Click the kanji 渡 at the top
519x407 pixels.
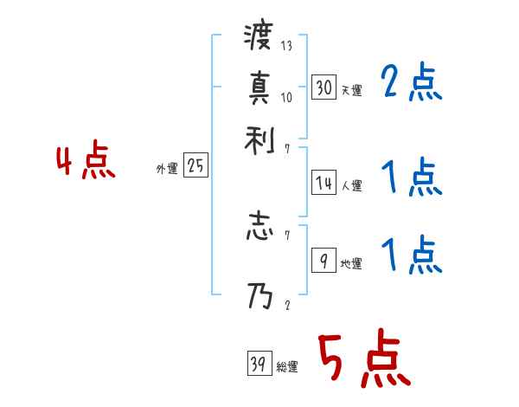(x=258, y=37)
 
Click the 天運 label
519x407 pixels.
(x=352, y=90)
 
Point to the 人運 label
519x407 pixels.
(x=352, y=185)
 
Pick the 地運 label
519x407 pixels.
(x=352, y=263)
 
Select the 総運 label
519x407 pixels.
(x=287, y=367)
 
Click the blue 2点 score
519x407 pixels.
(x=411, y=83)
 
